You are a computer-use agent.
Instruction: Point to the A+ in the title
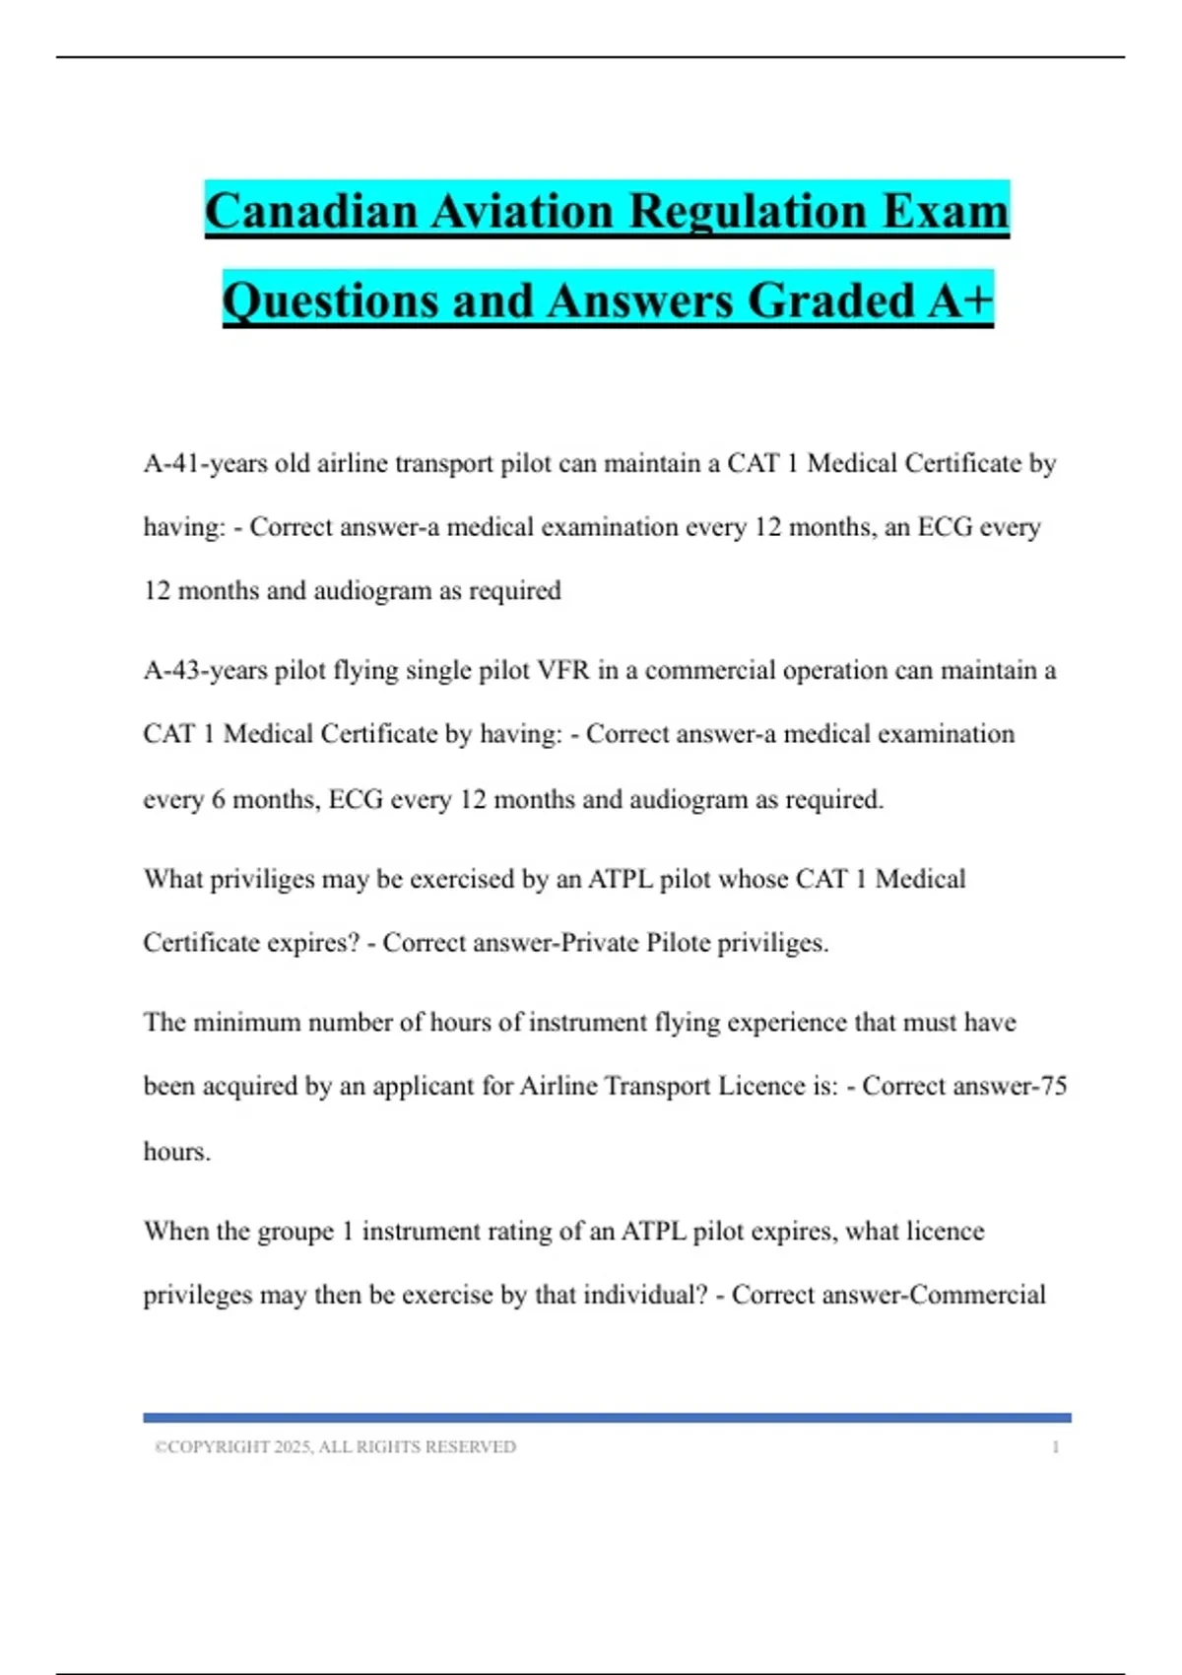coord(960,301)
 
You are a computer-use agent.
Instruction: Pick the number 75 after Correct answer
coord(1053,1086)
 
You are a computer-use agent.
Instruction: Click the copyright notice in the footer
coord(335,1447)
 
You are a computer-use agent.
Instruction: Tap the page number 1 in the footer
coord(1055,1447)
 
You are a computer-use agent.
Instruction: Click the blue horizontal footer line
coord(607,1418)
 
